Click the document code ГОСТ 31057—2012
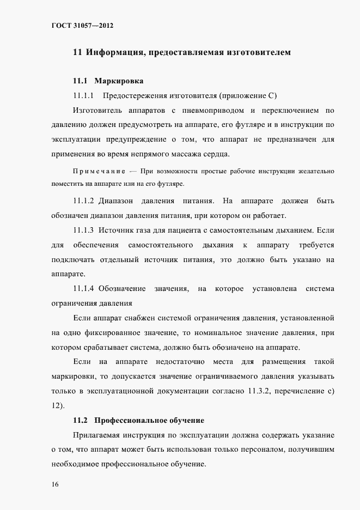click(x=82, y=25)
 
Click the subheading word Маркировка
click(x=119, y=81)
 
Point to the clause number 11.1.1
click(x=84, y=96)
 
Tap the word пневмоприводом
click(x=209, y=111)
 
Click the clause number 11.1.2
click(x=84, y=200)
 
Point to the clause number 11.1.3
click(x=84, y=229)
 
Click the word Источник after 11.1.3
click(x=123, y=229)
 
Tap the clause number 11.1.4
click(x=84, y=288)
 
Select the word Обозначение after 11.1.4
click(x=122, y=288)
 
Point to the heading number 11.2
click(x=81, y=421)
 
